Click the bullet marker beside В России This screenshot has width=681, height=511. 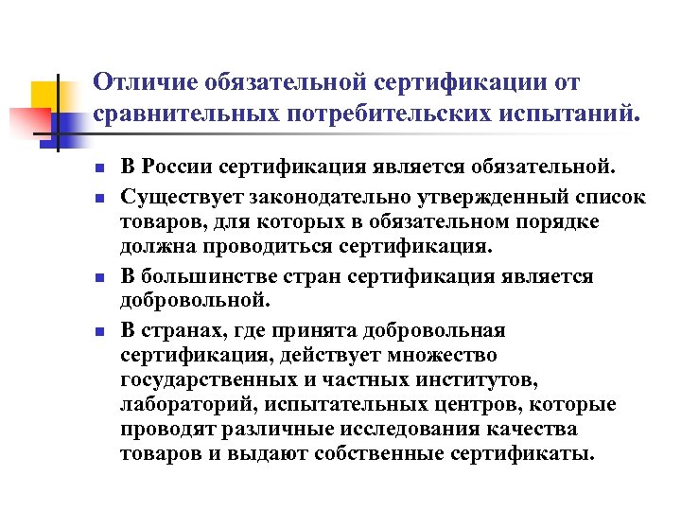click(x=97, y=169)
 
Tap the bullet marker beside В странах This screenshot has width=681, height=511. click(x=97, y=330)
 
